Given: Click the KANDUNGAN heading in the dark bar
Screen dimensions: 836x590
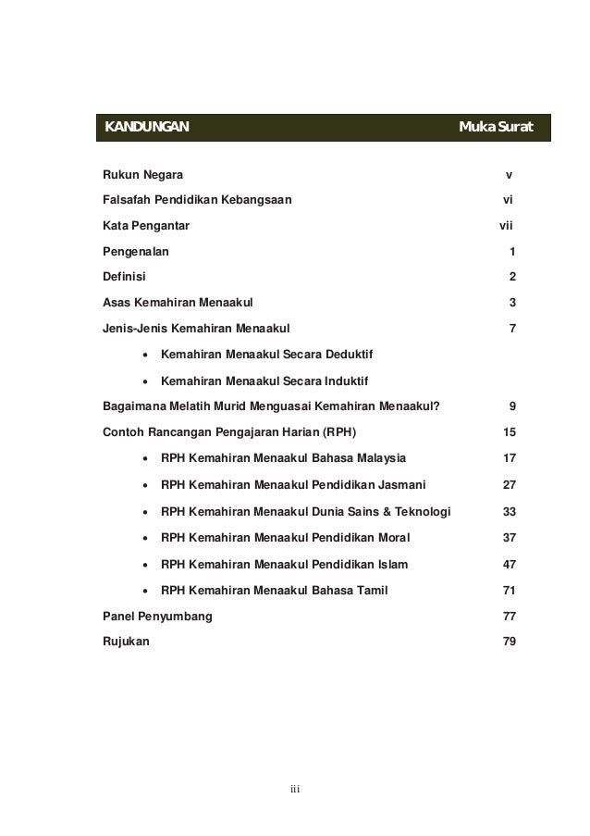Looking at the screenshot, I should click(x=146, y=126).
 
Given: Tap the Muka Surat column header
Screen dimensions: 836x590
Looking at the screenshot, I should click(x=496, y=126).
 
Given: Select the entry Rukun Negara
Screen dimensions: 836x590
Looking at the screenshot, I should click(x=142, y=175).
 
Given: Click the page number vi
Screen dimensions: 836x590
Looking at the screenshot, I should click(x=508, y=200).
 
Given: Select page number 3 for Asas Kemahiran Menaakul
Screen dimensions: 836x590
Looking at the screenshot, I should click(x=512, y=302).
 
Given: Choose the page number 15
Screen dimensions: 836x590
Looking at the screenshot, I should click(x=509, y=430).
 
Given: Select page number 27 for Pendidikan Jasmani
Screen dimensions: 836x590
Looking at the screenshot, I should click(x=509, y=482).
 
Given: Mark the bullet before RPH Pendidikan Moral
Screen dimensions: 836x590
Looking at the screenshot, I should click(x=145, y=538).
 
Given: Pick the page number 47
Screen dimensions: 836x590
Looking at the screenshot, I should click(x=509, y=564).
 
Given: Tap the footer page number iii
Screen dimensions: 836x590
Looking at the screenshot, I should click(x=295, y=789).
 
